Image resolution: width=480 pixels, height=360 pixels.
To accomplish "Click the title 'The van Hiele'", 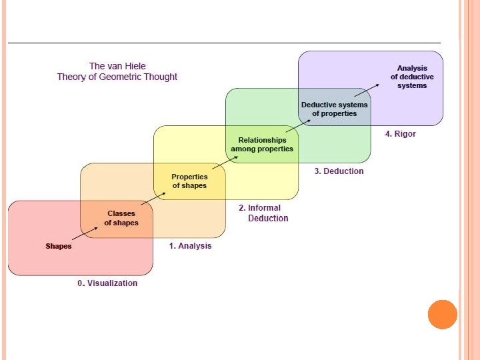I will [117, 66].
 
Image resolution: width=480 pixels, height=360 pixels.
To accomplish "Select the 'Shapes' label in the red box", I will [58, 247].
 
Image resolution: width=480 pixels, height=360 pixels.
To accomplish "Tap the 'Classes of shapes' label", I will [121, 218].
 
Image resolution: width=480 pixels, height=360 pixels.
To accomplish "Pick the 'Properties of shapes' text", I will [189, 181].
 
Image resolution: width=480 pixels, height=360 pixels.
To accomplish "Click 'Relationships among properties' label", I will [262, 145].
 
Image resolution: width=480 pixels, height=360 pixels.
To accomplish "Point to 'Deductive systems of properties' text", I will [334, 109].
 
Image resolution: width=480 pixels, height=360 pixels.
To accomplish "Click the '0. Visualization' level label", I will [107, 283].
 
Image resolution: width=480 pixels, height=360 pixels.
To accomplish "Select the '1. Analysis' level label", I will [190, 246].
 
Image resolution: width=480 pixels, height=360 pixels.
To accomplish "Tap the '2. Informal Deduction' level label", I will [263, 213].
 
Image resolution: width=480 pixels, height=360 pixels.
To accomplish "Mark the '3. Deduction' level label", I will [339, 171].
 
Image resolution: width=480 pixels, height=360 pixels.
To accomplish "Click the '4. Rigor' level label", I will [400, 134].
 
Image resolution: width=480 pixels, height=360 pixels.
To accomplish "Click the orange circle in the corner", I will [442, 314].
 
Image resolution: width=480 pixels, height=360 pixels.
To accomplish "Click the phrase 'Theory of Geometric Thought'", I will [117, 77].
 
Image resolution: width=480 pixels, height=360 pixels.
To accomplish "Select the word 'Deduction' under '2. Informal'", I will [268, 219].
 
